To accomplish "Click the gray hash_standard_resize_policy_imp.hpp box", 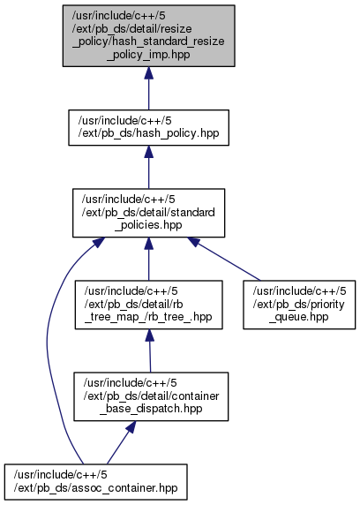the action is [148, 35].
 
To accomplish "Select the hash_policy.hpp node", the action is [148, 127].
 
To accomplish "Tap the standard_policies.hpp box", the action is [148, 213].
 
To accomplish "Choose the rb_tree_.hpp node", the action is [148, 305].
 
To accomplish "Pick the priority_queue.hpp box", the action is [299, 305].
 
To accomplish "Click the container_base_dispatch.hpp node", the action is [151, 396].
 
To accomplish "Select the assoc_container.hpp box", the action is [95, 482].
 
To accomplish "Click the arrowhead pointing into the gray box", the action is [148, 73].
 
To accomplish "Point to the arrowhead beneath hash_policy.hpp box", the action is [148, 152].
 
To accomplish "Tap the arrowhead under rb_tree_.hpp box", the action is [149, 335].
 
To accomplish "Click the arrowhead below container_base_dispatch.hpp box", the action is [131, 426].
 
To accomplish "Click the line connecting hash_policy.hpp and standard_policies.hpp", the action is [148, 173].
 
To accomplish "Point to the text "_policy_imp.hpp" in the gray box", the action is [148, 55].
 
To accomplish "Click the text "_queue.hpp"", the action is [299, 317].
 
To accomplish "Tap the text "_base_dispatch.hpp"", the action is [151, 409].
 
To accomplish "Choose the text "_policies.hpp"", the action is [148, 225].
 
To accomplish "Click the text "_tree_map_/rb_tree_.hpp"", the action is [148, 317].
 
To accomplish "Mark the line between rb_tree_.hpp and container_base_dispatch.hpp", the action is [150, 358].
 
